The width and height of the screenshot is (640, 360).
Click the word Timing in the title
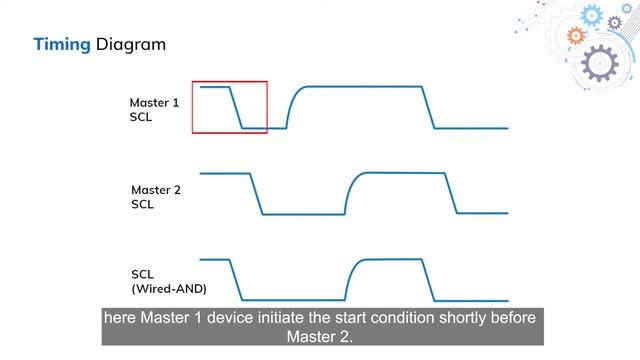pyautogui.click(x=63, y=45)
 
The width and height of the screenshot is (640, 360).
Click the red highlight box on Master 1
pyautogui.click(x=229, y=107)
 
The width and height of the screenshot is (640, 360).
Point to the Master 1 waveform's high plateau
pyautogui.click(x=360, y=88)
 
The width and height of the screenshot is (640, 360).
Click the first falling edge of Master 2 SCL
pyautogui.click(x=255, y=194)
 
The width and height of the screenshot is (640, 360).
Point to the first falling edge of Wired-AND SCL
pyautogui.click(x=237, y=279)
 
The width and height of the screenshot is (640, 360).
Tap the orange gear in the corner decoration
pyautogui.click(x=575, y=36)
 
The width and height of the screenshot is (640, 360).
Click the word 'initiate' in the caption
pyautogui.click(x=302, y=317)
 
